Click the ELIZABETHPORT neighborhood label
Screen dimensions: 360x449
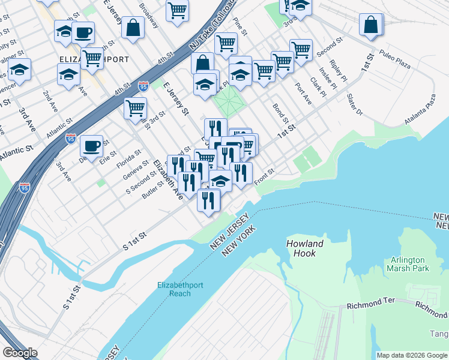point(94,60)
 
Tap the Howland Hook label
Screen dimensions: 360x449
point(304,248)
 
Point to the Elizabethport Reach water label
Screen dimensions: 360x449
point(174,289)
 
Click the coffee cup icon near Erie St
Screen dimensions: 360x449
point(91,146)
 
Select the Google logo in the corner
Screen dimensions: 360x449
point(20,353)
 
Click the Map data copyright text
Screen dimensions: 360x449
point(412,355)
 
